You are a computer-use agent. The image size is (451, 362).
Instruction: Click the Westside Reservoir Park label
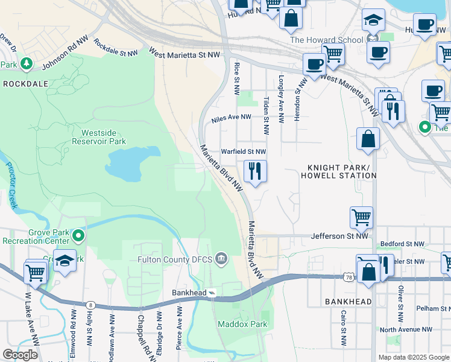pos(100,136)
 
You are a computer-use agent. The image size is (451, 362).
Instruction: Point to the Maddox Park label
pos(242,324)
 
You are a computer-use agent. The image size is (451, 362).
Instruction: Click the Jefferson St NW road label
pos(339,237)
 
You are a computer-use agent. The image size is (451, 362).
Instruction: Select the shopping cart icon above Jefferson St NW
pos(361,217)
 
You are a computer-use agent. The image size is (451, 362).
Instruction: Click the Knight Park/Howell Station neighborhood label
pos(342,171)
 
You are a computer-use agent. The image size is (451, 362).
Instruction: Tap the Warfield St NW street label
pos(244,151)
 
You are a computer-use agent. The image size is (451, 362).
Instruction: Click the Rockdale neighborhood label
pos(25,84)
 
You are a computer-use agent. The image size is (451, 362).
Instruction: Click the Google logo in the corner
pos(20,354)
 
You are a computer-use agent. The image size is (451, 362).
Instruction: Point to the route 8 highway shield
pos(90,305)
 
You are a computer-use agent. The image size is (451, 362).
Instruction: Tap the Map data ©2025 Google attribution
pos(414,357)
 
